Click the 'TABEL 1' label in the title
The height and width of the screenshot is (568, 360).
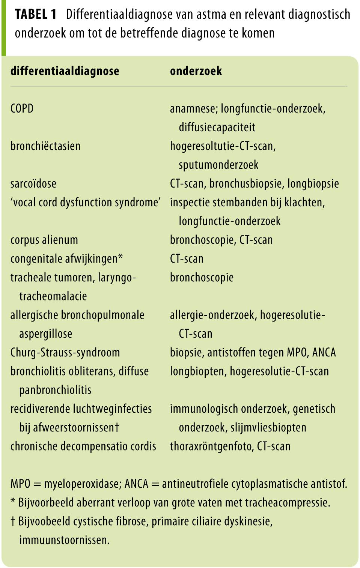coord(36,15)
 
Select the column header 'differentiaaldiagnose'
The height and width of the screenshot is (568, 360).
coord(65,71)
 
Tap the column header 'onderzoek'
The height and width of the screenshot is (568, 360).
coord(196,71)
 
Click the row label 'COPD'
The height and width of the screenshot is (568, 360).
coord(22,109)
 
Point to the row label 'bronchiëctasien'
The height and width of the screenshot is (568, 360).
coord(45,146)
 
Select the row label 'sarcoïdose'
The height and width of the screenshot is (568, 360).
coord(33,183)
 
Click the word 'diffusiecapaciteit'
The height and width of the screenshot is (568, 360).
coord(217,127)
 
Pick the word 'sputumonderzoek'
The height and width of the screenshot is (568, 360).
coord(218,165)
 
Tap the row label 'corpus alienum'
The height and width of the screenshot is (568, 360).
coord(44,240)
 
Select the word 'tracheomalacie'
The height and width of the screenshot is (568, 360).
coord(53,296)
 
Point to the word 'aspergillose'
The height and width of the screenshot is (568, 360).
coord(45,334)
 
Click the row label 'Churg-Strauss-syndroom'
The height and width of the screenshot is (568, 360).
coord(65,352)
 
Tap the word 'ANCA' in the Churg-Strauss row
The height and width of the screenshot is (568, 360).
coord(324,352)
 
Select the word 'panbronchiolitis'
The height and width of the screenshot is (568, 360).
coord(55,390)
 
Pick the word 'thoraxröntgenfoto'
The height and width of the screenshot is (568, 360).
coord(212,446)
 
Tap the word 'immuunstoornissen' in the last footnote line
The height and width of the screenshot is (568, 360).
coord(64,540)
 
